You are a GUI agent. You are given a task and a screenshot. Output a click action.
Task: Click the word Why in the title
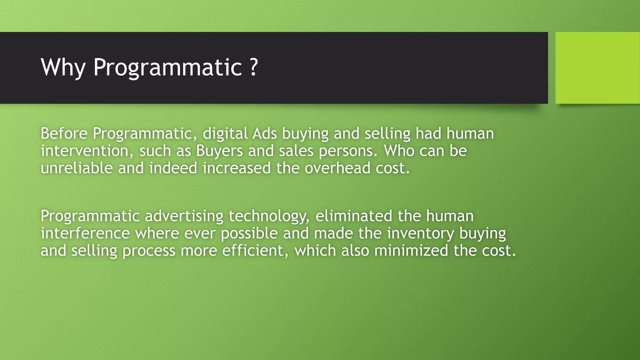click(x=63, y=67)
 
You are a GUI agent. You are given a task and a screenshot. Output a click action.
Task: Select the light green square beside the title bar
click(x=597, y=68)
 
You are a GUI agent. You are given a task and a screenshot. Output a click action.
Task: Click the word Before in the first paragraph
click(x=64, y=133)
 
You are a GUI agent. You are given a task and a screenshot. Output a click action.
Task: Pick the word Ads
click(x=265, y=133)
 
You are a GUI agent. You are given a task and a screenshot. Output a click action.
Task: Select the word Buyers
click(x=219, y=151)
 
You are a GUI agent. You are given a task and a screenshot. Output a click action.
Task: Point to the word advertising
click(x=184, y=216)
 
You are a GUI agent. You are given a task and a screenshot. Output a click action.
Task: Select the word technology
click(x=269, y=216)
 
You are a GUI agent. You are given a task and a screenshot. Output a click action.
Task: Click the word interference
click(x=85, y=233)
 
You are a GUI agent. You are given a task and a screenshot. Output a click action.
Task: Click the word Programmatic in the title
click(x=167, y=67)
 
